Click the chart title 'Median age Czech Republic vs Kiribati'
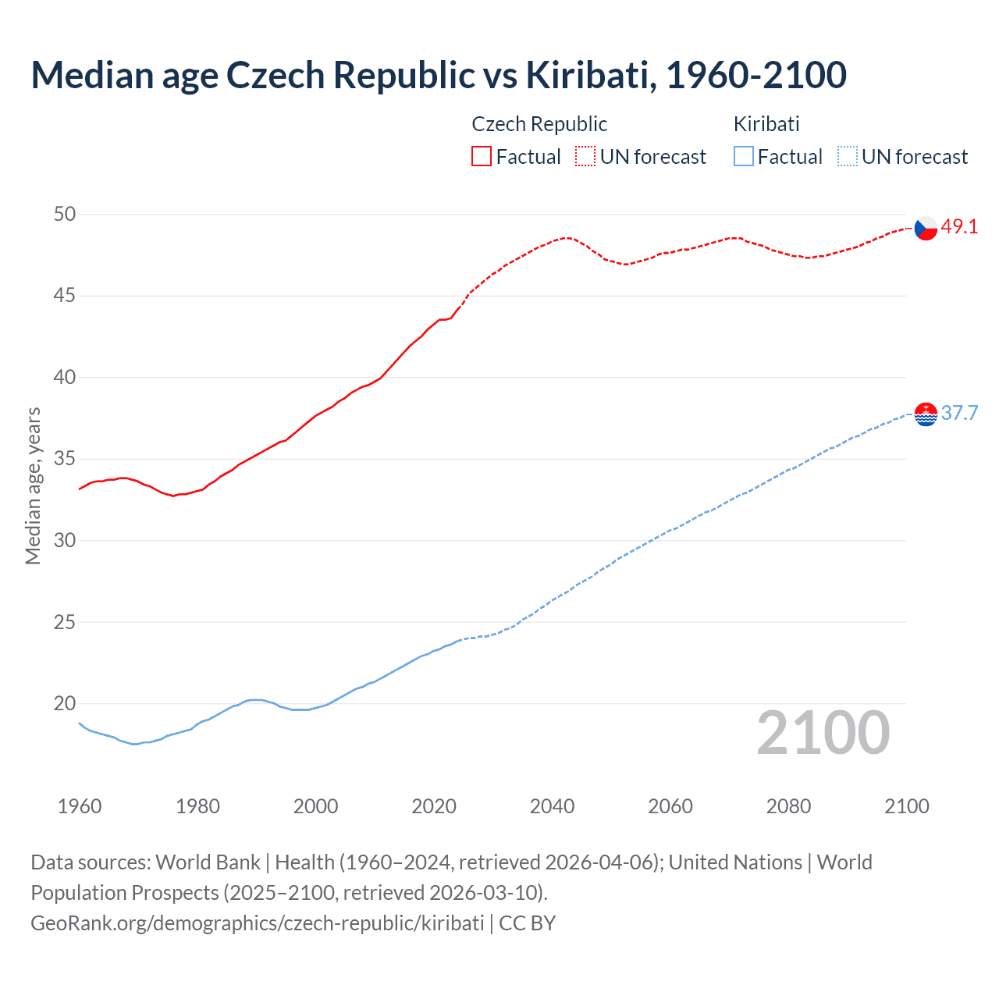[x=439, y=75]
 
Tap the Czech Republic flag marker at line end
[x=926, y=228]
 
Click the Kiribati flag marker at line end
[x=926, y=414]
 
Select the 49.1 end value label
[x=959, y=227]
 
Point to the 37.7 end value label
[x=959, y=413]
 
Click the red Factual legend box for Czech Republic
[x=482, y=157]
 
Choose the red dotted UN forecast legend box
[x=585, y=157]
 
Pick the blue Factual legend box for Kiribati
[x=744, y=157]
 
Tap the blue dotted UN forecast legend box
[x=847, y=157]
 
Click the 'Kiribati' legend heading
[x=766, y=124]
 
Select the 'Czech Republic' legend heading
[x=539, y=124]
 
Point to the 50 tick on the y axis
[x=65, y=215]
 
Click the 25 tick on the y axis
[x=65, y=623]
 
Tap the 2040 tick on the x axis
[x=552, y=806]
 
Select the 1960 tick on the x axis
[x=80, y=806]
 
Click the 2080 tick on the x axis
[x=788, y=806]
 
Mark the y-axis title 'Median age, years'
[x=33, y=485]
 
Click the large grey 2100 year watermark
[x=823, y=732]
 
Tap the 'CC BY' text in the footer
[x=528, y=923]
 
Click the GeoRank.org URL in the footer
[x=257, y=923]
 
